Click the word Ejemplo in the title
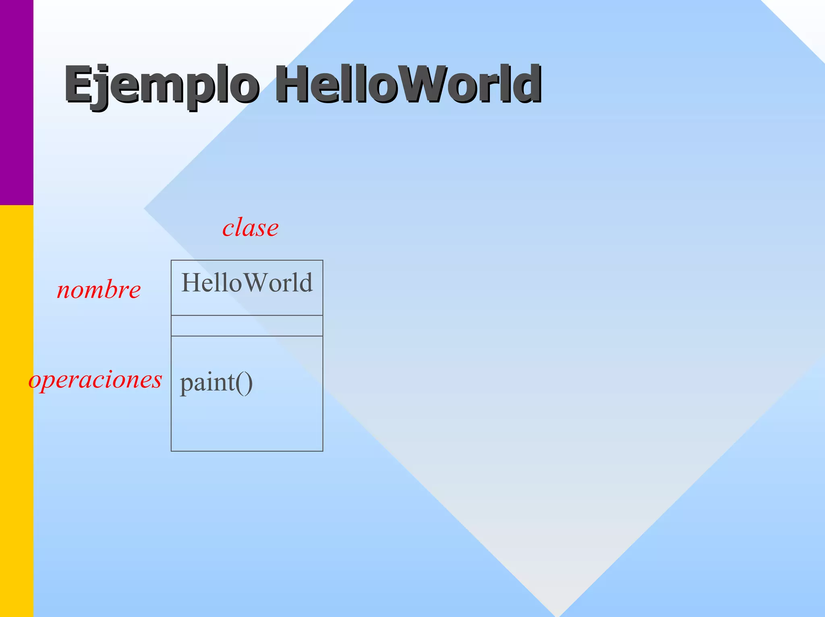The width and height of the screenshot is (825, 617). pyautogui.click(x=161, y=85)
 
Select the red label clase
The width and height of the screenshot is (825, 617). pyautogui.click(x=250, y=228)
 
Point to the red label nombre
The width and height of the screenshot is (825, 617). pyautogui.click(x=99, y=290)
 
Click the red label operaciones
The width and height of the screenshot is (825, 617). pyautogui.click(x=95, y=380)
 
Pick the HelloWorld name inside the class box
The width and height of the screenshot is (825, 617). pyautogui.click(x=247, y=283)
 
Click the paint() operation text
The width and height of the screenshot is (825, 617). pyautogui.click(x=216, y=382)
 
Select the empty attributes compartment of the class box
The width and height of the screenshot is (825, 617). pyautogui.click(x=247, y=326)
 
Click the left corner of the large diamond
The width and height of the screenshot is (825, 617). pyautogui.click(x=145, y=208)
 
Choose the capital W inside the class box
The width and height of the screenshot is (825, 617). pyautogui.click(x=255, y=283)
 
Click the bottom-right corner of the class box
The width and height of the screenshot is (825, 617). pyautogui.click(x=323, y=451)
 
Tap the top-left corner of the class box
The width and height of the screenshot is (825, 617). pyautogui.click(x=172, y=261)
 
